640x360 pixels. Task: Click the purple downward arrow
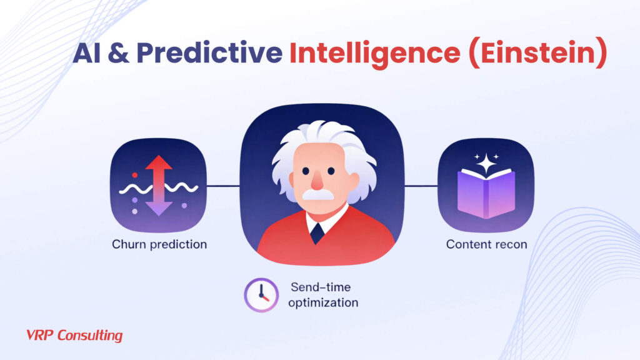coord(158,204)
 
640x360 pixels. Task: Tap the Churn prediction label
coord(159,244)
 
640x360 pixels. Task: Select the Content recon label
coord(486,244)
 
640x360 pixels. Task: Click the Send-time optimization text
coord(324,294)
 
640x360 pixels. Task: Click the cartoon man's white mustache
coord(318,194)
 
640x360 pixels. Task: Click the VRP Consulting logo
coord(74,336)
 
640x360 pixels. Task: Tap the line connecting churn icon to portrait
coord(223,186)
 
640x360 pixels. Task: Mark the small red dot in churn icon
coord(134,176)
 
